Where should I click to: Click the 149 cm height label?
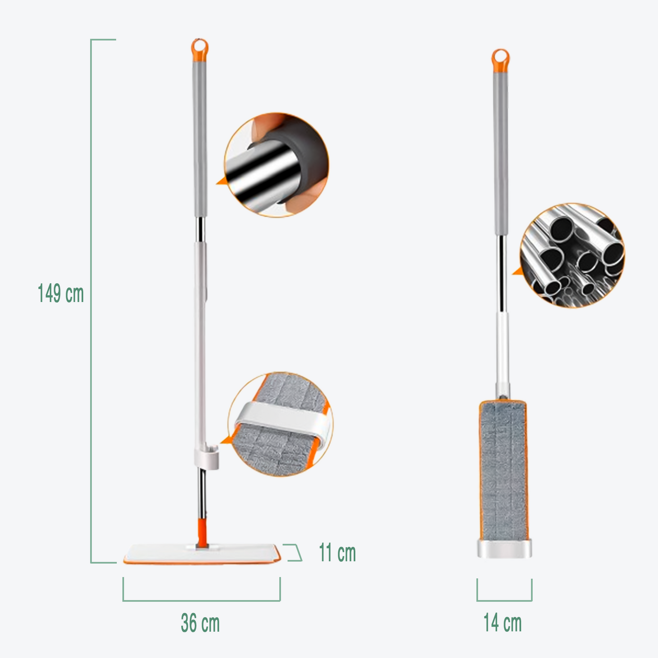coord(61,294)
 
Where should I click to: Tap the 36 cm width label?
coord(200,623)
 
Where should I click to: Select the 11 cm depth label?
coord(337,552)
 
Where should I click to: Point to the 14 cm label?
coord(502,623)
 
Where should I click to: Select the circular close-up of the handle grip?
coord(276,165)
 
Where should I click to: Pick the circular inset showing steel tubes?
coord(572,255)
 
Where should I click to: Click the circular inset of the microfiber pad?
coord(281,424)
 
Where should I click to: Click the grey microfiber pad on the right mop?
coord(503,469)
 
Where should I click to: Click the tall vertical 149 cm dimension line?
coord(91,301)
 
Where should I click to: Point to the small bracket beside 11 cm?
coord(294,552)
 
